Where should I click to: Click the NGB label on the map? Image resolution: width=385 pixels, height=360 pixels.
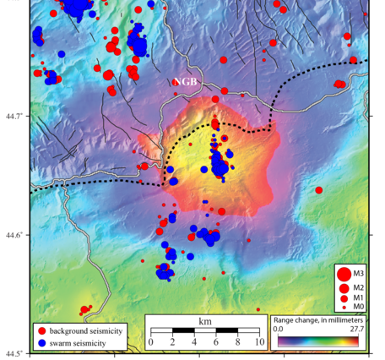click(186, 82)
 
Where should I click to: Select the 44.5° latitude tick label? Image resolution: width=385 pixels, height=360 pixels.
click(14, 353)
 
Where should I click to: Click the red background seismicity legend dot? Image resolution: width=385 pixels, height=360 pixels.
click(41, 329)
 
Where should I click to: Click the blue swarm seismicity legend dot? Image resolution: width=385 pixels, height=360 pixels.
click(41, 343)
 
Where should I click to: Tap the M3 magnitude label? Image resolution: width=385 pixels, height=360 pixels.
click(359, 272)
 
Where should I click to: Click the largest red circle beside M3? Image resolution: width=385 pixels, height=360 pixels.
click(344, 272)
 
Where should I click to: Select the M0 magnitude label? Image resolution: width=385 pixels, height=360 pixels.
click(359, 308)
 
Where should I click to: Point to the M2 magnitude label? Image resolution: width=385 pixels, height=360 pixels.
click(359, 287)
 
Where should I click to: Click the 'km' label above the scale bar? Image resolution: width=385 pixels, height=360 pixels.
click(204, 321)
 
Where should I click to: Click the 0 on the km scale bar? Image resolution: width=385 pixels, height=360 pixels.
click(150, 342)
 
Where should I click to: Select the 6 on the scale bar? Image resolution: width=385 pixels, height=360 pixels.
click(215, 342)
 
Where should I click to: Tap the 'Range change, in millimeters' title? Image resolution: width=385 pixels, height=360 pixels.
click(319, 320)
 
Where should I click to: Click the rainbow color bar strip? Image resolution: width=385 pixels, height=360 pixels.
click(319, 340)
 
